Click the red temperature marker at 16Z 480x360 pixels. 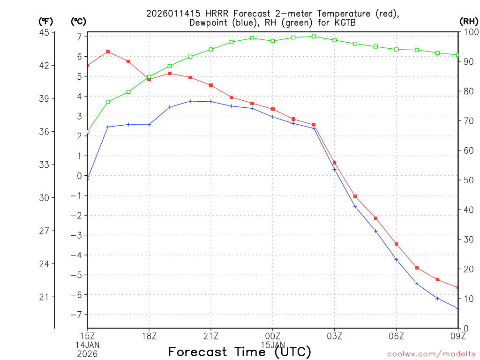pyautogui.click(x=108, y=52)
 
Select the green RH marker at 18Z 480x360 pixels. pyautogui.click(x=149, y=77)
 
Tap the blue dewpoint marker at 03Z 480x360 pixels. pyautogui.click(x=335, y=169)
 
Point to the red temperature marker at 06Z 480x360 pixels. pyautogui.click(x=397, y=244)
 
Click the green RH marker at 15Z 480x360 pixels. pyautogui.click(x=87, y=132)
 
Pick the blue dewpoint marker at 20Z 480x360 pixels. pyautogui.click(x=190, y=101)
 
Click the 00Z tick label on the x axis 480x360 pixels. pyautogui.click(x=272, y=336)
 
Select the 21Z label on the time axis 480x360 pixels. pyautogui.click(x=210, y=336)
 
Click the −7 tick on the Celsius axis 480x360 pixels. pyautogui.click(x=76, y=315)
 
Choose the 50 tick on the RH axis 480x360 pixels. pyautogui.click(x=467, y=180)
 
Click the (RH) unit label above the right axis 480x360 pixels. pyautogui.click(x=468, y=21)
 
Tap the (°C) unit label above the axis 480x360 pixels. pyautogui.click(x=78, y=21)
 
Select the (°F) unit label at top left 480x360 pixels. pyautogui.click(x=45, y=21)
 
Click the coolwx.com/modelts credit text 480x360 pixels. pyautogui.click(x=431, y=353)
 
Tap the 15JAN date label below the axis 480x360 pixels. pyautogui.click(x=272, y=345)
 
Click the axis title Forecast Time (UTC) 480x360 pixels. pyautogui.click(x=240, y=352)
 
